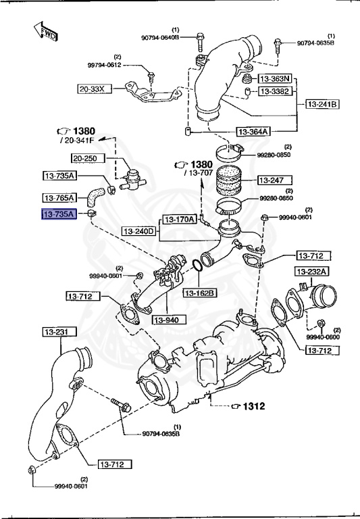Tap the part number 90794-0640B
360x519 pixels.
point(160,38)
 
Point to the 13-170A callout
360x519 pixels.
point(179,219)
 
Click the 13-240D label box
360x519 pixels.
point(139,231)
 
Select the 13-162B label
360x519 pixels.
point(199,293)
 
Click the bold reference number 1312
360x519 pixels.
point(253,406)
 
